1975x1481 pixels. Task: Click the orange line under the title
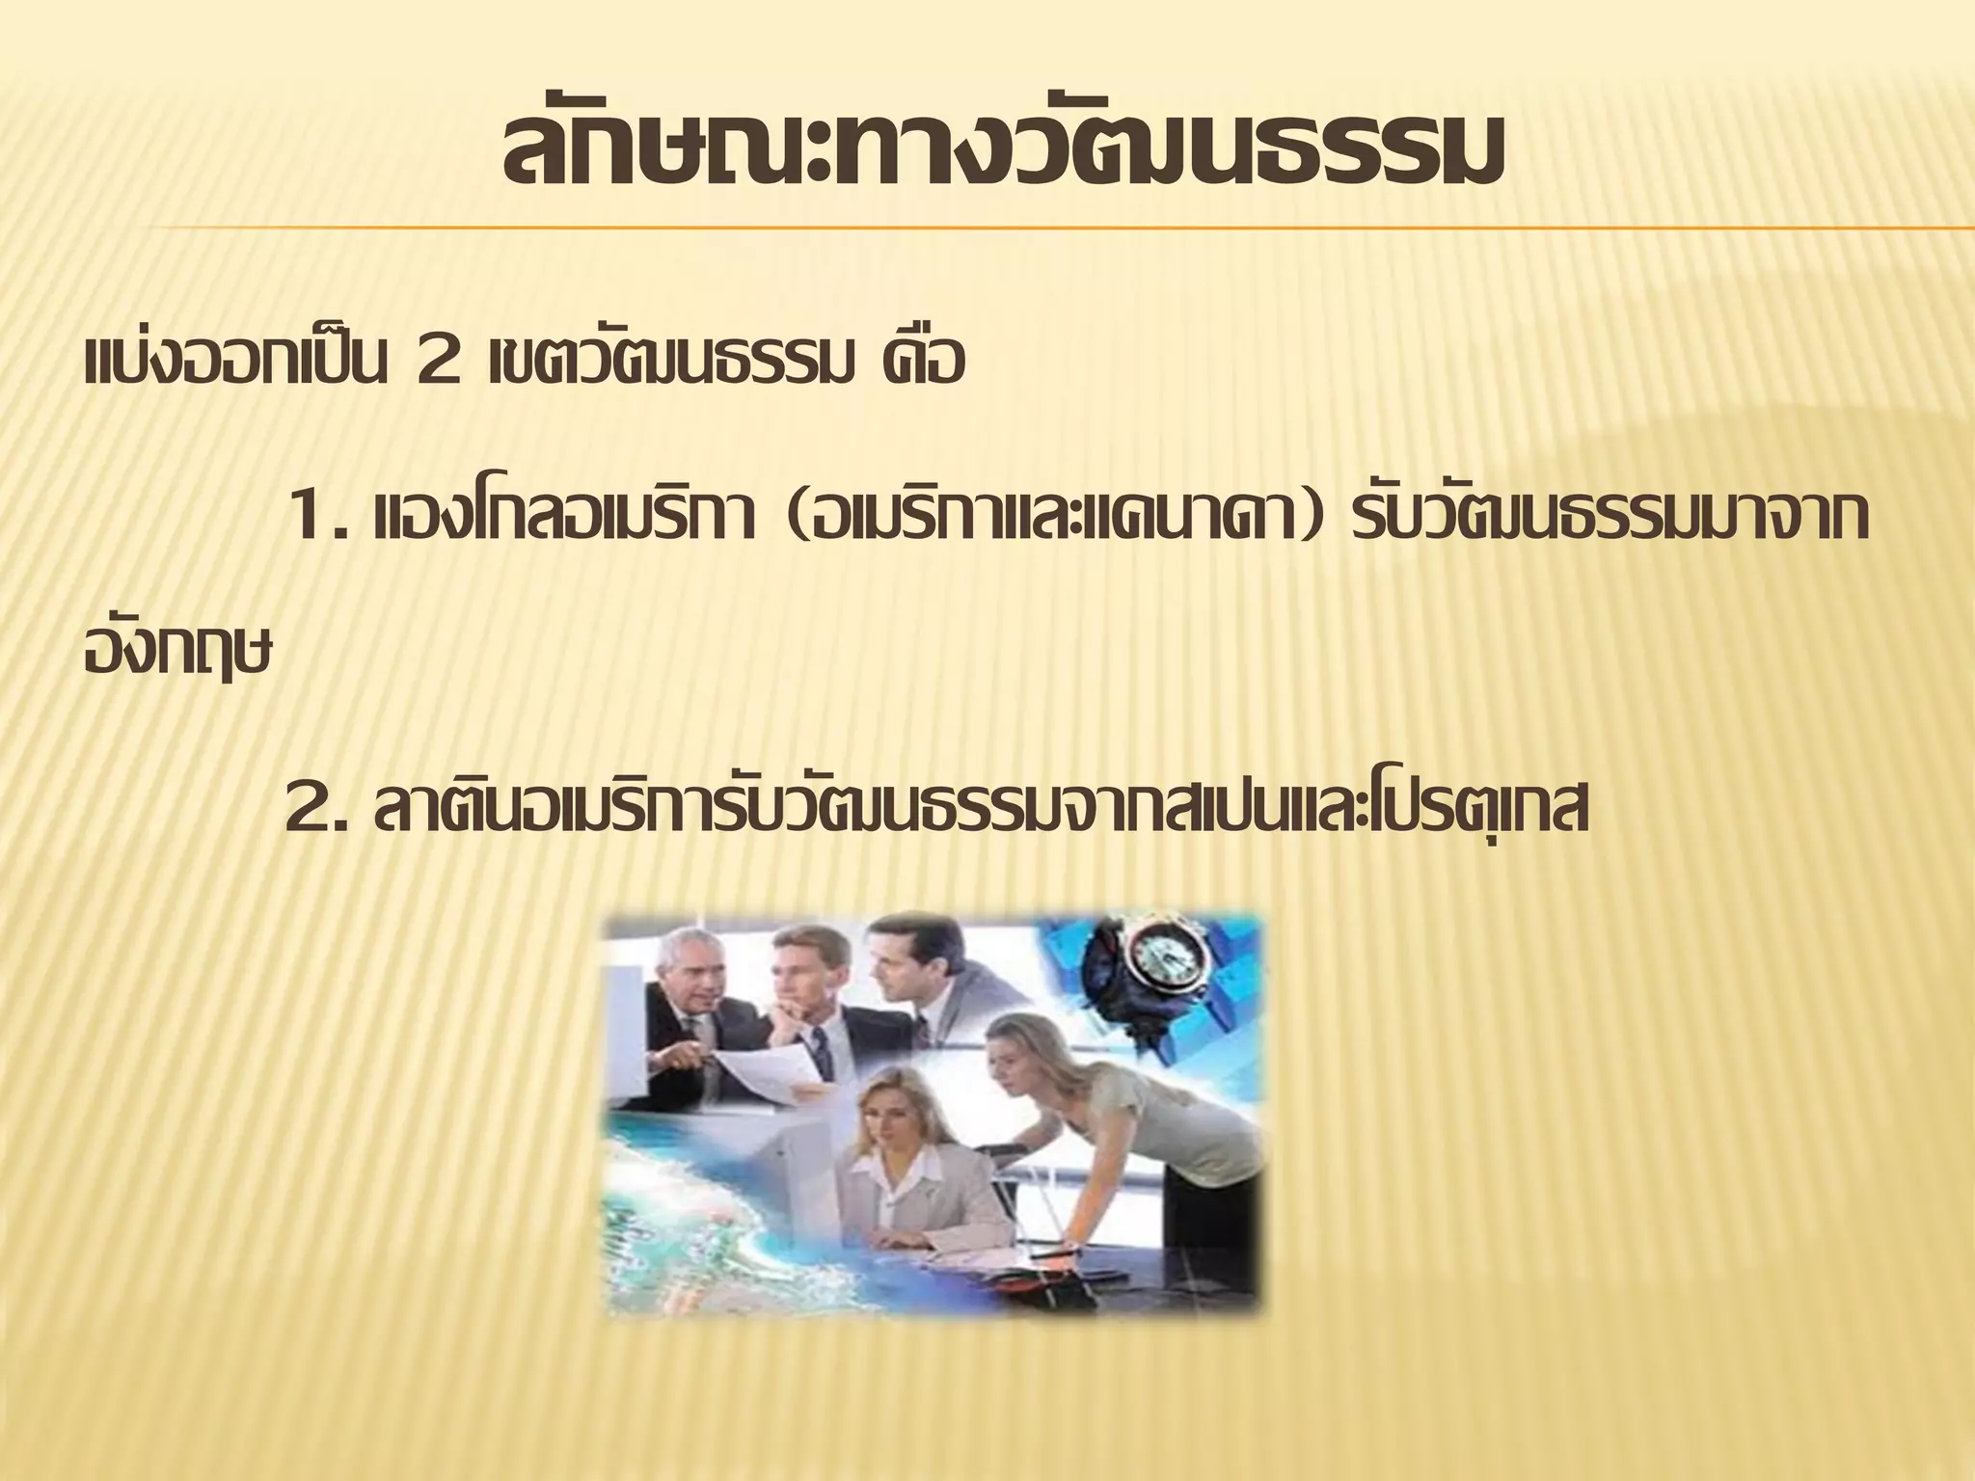[1061, 229]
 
